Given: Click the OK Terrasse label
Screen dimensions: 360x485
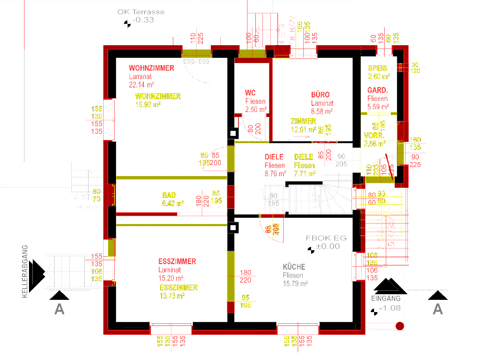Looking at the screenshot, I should (x=141, y=11).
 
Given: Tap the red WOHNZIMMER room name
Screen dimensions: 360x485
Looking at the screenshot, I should (x=151, y=68).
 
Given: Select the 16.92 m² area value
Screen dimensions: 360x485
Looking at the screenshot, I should (x=148, y=104).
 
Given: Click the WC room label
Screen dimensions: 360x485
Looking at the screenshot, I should (x=250, y=93).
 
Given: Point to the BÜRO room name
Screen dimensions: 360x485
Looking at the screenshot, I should (x=320, y=95).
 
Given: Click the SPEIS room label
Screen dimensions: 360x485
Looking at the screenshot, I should (x=377, y=68).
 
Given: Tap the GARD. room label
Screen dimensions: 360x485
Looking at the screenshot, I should (x=377, y=90).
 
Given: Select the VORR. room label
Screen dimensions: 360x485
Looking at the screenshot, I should (x=374, y=135).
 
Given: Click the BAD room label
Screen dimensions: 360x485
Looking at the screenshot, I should (x=169, y=195).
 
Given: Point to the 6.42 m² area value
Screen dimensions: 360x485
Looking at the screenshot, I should (x=173, y=203).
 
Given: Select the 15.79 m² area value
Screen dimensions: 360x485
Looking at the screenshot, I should (x=295, y=284).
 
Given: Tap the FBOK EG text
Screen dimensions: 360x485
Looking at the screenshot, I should (x=326, y=237).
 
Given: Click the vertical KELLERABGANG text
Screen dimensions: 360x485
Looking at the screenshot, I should (x=25, y=271).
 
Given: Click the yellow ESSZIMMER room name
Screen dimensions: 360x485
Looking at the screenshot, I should (x=178, y=288).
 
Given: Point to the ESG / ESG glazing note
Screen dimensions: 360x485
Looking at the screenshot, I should (x=196, y=61).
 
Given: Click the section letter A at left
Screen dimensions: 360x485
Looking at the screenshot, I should (x=59, y=309).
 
